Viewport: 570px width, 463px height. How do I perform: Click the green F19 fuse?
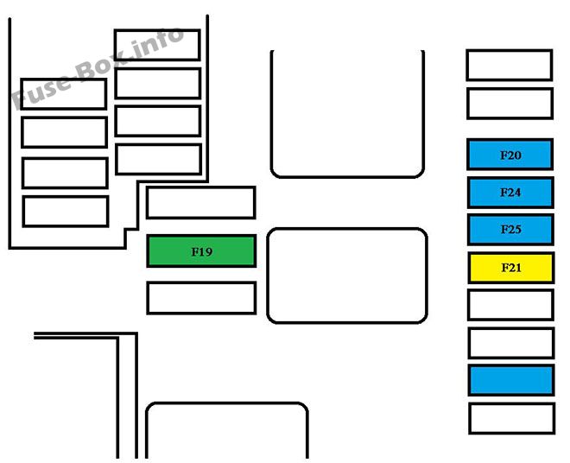(201, 251)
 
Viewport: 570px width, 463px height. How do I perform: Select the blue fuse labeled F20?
(510, 155)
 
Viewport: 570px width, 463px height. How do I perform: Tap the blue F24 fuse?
(510, 193)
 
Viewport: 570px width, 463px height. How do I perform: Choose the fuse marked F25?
(510, 230)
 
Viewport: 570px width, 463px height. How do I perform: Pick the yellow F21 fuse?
(511, 268)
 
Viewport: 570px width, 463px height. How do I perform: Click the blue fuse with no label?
(511, 380)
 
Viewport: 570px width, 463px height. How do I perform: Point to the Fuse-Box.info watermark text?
(98, 68)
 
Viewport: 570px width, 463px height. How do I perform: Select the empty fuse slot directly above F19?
(201, 203)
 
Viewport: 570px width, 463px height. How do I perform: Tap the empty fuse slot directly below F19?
(202, 298)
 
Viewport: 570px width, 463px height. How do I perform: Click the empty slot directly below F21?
(511, 305)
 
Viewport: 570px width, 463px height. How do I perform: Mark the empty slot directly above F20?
(510, 104)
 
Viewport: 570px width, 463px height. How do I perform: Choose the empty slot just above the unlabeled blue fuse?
(511, 343)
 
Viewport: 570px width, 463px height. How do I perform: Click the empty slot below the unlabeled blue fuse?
(512, 418)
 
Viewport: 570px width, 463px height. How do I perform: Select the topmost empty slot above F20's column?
(510, 66)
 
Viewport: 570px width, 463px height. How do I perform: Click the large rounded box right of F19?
(347, 276)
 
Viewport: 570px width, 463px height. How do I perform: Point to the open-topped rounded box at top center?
(347, 177)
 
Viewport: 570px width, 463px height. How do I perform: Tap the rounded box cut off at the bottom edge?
(227, 403)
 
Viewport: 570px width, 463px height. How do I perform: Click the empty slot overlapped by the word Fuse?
(64, 94)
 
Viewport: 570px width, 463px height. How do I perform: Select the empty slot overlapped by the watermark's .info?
(157, 45)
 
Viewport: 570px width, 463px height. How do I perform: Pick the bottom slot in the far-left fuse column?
(66, 212)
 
